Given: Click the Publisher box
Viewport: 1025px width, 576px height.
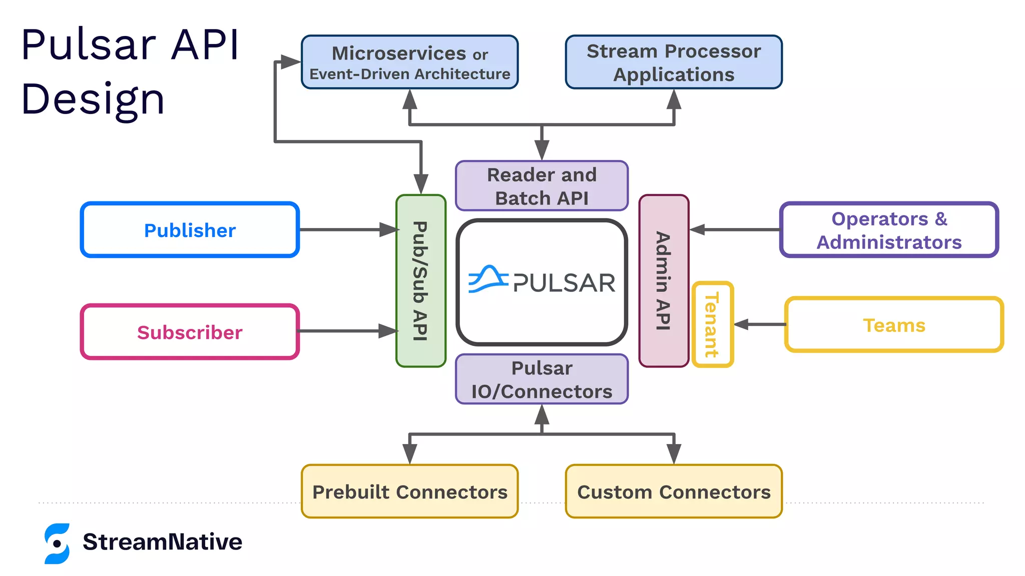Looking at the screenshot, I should pyautogui.click(x=190, y=230).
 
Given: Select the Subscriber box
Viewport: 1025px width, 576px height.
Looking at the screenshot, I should pyautogui.click(x=190, y=332).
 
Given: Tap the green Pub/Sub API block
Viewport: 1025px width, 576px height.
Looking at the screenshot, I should pyautogui.click(x=420, y=281).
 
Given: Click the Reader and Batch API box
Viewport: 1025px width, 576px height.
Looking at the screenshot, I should pyautogui.click(x=542, y=186).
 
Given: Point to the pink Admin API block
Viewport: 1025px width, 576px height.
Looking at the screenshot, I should pyautogui.click(x=664, y=281).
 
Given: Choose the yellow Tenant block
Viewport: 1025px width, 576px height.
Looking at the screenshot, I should pyautogui.click(x=712, y=324).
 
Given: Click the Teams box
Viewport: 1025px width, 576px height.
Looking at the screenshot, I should pyautogui.click(x=894, y=325).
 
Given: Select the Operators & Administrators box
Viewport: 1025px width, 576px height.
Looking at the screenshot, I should pyautogui.click(x=889, y=230).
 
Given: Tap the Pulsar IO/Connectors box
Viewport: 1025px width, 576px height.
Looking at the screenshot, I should pyautogui.click(x=542, y=379).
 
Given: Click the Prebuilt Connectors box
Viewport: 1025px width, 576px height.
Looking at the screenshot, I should pyautogui.click(x=409, y=491).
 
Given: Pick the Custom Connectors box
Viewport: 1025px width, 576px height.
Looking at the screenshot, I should pyautogui.click(x=674, y=491).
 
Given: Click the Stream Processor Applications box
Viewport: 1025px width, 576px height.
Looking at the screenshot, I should pyautogui.click(x=674, y=62).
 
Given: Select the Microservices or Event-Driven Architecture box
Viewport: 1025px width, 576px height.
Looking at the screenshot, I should pyautogui.click(x=409, y=62).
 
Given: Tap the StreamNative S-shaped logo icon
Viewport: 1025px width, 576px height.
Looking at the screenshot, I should pyautogui.click(x=57, y=543).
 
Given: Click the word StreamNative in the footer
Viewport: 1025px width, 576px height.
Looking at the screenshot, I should pyautogui.click(x=162, y=542).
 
